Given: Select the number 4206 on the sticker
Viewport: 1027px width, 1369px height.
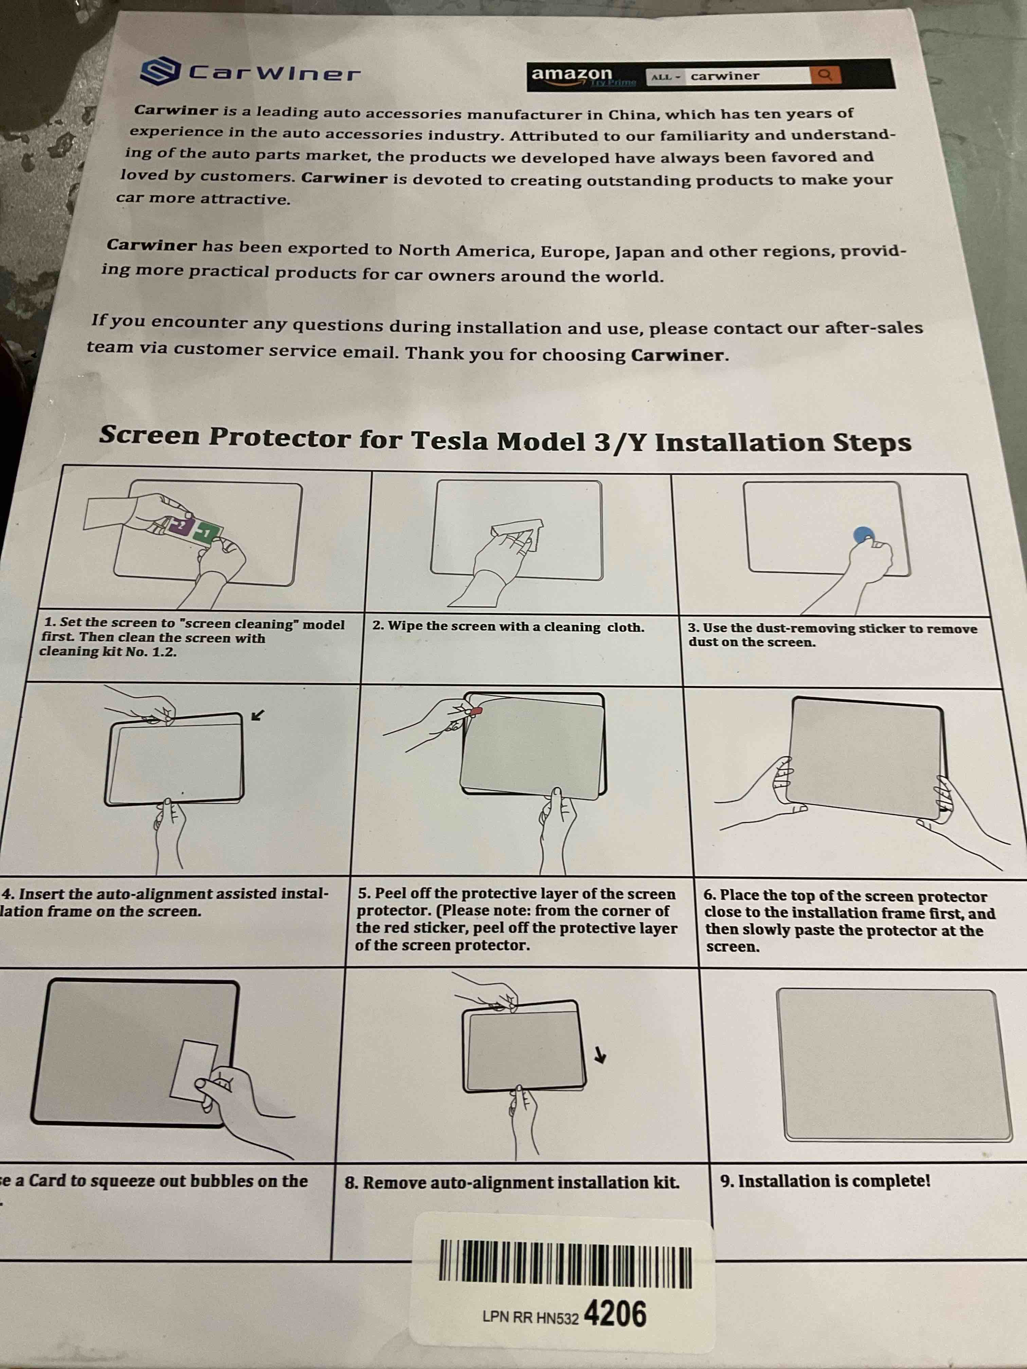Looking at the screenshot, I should click(615, 1314).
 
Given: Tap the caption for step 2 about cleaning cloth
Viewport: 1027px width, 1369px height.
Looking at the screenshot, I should click(508, 626).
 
